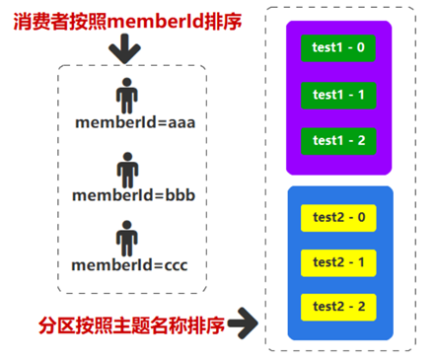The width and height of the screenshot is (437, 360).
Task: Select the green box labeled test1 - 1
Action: tap(338, 95)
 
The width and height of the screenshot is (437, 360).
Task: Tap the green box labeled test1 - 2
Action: tap(338, 141)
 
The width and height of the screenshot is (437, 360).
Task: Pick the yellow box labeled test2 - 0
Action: tap(339, 217)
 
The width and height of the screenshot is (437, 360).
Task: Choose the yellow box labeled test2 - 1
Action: tap(339, 262)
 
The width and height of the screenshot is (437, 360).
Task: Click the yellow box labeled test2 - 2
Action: tap(339, 308)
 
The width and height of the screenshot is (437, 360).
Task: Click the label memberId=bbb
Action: tap(134, 194)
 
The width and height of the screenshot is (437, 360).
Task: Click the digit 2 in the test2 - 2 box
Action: tap(362, 308)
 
